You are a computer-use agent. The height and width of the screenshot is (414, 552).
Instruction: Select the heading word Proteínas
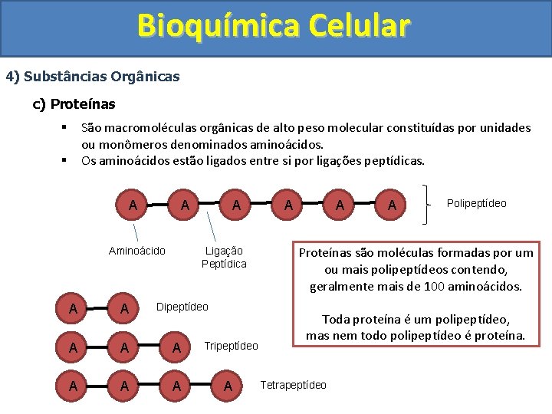[x=84, y=103]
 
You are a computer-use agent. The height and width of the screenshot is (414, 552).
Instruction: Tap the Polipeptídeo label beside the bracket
[x=476, y=203]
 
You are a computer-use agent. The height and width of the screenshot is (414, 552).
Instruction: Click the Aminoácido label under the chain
[x=137, y=251]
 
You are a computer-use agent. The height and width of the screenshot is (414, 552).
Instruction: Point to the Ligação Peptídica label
[x=224, y=258]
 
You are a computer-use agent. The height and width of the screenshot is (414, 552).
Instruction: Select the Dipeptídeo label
[x=182, y=307]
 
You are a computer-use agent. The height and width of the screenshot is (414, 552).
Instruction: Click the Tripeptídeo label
[x=232, y=346]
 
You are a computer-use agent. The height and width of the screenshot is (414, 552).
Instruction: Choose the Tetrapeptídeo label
[x=294, y=384]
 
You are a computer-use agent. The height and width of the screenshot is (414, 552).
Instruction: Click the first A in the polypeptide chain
[x=133, y=205]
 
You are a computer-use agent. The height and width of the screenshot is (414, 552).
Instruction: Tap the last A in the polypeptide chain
[x=392, y=205]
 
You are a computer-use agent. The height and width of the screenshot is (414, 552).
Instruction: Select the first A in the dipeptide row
[x=72, y=309]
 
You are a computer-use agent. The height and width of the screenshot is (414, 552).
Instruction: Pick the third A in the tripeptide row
[x=176, y=347]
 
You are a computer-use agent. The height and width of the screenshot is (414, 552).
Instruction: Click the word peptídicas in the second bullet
[x=395, y=161]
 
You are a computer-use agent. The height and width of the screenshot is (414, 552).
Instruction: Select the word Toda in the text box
[x=335, y=320]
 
